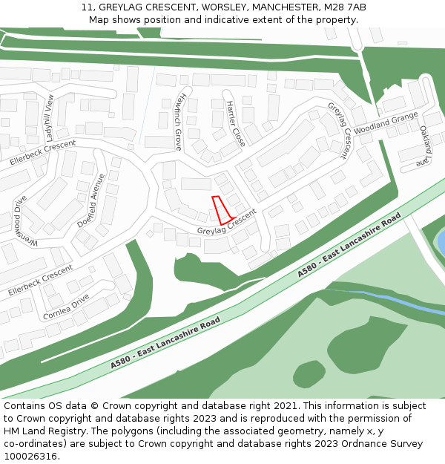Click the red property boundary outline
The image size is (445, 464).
223,210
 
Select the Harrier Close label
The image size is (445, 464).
235,122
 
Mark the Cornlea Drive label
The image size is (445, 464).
66,306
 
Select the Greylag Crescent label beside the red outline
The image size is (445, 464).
227,222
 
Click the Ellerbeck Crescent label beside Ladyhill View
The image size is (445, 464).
42,152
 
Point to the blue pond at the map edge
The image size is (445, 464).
440,242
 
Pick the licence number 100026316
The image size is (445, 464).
29,457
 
